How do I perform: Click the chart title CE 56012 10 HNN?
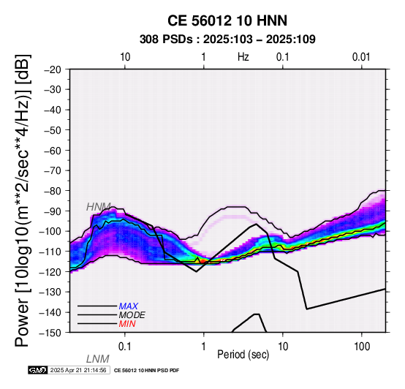click(x=227, y=20)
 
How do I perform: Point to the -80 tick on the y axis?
click(x=53, y=191)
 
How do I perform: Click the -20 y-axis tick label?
click(x=53, y=69)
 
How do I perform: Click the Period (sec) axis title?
click(x=243, y=355)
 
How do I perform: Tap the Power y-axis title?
click(x=23, y=200)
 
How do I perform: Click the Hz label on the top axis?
click(x=243, y=57)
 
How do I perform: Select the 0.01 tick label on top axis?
click(x=361, y=57)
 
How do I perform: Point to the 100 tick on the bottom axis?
click(x=362, y=347)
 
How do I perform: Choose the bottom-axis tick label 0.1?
click(x=125, y=347)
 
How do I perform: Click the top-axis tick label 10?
click(x=125, y=57)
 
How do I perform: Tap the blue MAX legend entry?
click(x=129, y=306)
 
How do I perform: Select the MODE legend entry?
click(x=132, y=315)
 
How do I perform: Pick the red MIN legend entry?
click(x=127, y=324)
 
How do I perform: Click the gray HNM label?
click(x=99, y=207)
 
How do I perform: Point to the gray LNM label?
click(x=98, y=359)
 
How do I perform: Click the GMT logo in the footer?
click(x=38, y=370)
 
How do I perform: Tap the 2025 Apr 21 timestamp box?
click(x=79, y=370)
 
